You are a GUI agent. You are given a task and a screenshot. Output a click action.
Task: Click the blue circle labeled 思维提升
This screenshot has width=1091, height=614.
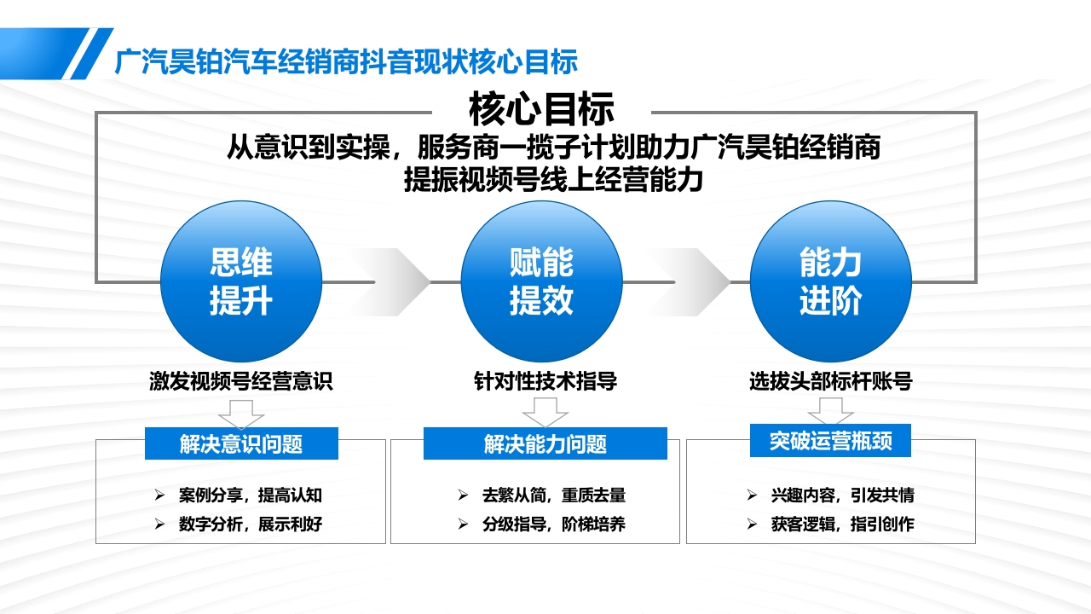point(241,281)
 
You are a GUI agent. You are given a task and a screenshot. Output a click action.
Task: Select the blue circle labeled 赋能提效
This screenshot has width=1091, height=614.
point(541,281)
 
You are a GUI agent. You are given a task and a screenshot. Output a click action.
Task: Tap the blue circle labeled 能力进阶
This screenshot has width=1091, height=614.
point(830,281)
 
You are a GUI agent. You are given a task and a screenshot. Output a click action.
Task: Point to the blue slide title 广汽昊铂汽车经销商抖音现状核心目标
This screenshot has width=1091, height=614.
point(346,61)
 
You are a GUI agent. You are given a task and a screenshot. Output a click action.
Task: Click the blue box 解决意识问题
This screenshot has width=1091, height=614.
point(241,443)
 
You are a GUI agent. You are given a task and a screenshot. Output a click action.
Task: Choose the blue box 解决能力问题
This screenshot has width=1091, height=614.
point(545,443)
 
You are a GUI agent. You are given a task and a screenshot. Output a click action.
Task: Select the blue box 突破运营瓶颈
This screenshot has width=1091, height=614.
point(830,441)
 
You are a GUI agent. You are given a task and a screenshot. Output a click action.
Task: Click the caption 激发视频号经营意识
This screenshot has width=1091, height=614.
point(241,381)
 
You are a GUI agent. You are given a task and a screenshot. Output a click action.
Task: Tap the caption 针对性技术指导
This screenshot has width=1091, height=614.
point(545,381)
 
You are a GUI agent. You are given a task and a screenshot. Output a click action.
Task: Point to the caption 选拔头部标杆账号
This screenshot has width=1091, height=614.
point(830,381)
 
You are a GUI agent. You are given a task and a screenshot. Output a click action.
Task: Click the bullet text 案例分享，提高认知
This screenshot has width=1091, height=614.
point(251,495)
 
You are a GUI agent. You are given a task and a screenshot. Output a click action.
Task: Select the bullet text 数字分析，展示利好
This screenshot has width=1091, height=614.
point(251,524)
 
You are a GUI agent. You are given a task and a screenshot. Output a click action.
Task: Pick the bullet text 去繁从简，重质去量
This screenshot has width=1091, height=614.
point(553,495)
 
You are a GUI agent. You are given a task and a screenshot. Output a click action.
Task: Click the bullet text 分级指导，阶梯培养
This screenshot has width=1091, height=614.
point(553,524)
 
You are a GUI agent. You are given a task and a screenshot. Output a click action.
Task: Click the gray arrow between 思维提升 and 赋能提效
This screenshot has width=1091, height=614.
point(392,281)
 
